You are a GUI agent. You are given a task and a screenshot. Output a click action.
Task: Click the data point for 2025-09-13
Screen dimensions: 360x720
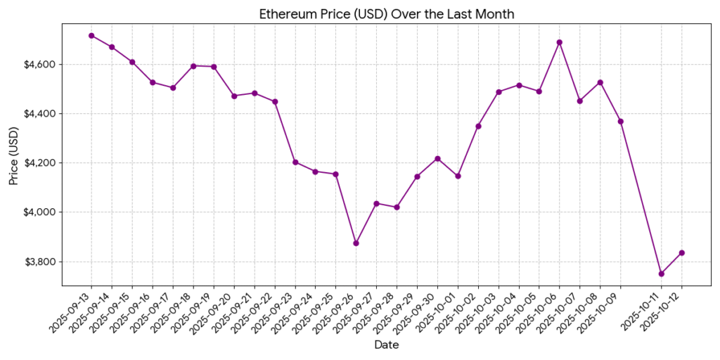coord(91,35)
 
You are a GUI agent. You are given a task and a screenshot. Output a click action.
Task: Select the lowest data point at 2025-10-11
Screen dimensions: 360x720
coord(661,274)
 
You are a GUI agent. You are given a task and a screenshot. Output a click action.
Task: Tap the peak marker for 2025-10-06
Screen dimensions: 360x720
coord(559,42)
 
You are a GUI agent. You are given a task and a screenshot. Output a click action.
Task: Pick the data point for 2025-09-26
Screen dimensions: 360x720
coord(356,243)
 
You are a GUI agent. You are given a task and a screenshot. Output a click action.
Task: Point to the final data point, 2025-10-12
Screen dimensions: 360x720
coord(681,252)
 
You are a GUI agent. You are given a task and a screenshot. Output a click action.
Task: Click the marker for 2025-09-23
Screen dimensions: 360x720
coord(295,162)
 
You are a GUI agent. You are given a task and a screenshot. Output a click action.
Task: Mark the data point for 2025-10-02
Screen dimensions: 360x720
coord(478,126)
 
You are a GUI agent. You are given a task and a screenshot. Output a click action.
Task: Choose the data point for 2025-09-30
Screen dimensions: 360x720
coord(437,159)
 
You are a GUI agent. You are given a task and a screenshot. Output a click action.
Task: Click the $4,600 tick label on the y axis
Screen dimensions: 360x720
coord(39,65)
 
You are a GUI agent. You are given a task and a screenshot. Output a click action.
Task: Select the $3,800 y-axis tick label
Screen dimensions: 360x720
coord(39,262)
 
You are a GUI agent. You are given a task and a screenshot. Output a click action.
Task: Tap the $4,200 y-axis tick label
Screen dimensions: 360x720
coord(39,163)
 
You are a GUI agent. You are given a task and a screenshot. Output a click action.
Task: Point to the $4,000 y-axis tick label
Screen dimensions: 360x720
coord(39,212)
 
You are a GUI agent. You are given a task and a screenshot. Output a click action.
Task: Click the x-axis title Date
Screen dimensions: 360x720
coord(387,345)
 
